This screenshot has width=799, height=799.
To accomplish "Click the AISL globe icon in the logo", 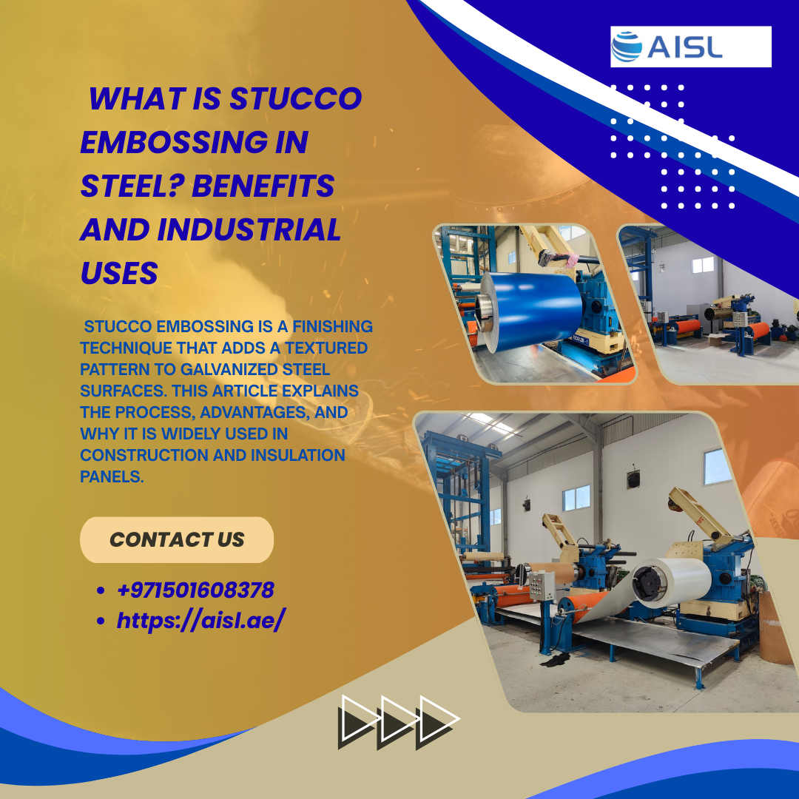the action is coord(627,47).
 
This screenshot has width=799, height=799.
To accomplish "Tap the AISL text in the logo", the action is coord(685,47).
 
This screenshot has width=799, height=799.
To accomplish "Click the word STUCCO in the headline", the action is coord(295,98).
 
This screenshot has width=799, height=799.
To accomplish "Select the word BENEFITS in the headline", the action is coord(263,186).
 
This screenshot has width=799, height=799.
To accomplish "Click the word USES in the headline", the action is coord(119,273).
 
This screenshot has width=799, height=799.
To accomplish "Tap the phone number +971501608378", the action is coord(195,590).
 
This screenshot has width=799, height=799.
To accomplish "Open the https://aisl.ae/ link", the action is coord(200,620).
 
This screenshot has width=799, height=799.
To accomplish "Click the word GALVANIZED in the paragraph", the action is coord(229,369).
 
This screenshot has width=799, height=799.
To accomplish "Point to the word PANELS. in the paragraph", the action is coord(112,477).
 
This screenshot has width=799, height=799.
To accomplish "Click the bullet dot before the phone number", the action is coord(101,591).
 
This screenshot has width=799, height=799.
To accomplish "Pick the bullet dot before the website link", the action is coord(101,621).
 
